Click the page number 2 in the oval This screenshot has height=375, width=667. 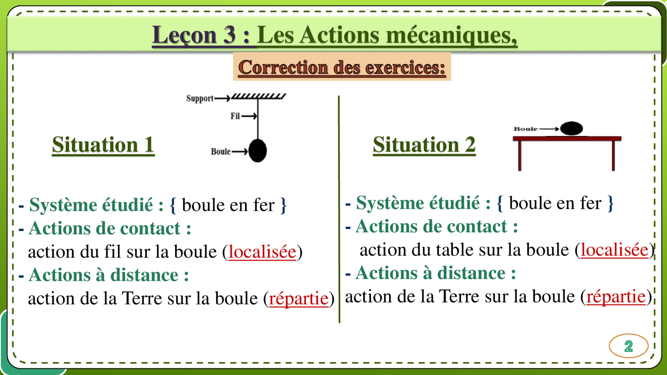pyautogui.click(x=628, y=346)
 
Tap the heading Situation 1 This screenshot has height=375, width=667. pyautogui.click(x=103, y=145)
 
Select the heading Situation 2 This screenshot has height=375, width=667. pyautogui.click(x=424, y=145)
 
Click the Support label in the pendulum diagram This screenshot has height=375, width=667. pyautogui.click(x=200, y=98)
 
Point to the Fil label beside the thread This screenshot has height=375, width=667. pyautogui.click(x=235, y=116)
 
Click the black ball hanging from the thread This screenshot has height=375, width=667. pyautogui.click(x=258, y=150)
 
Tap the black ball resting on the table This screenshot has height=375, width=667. pyautogui.click(x=571, y=128)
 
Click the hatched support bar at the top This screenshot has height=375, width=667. pyautogui.click(x=259, y=96)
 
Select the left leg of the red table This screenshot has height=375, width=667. pyautogui.click(x=520, y=156)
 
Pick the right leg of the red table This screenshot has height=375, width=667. pyautogui.click(x=613, y=156)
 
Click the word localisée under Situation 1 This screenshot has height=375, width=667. pyautogui.click(x=262, y=252)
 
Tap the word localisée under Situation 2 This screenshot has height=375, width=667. pyautogui.click(x=614, y=250)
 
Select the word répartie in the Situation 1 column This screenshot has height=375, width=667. pyautogui.click(x=298, y=298)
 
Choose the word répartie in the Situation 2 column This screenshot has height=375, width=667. pyautogui.click(x=616, y=296)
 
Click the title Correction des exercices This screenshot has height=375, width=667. pyautogui.click(x=342, y=67)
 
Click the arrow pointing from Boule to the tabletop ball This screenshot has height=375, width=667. pyautogui.click(x=549, y=129)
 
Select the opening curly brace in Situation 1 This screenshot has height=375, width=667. pyautogui.click(x=173, y=205)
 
